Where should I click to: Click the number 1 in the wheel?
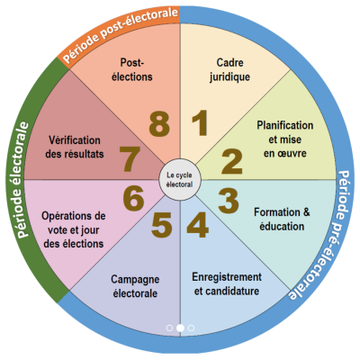tap(200, 123)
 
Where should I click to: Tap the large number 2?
tap(232, 161)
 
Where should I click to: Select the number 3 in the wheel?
tap(229, 201)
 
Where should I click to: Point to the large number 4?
tap(197, 225)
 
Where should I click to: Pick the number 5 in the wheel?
tap(162, 225)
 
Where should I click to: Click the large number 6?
tap(133, 199)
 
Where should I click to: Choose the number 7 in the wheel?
tap(130, 159)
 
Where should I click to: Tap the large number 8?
tap(159, 123)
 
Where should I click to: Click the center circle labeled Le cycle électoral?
tap(180, 179)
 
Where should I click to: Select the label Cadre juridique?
tap(229, 70)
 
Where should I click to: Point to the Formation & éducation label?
tap(282, 220)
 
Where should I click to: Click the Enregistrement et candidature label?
tap(227, 283)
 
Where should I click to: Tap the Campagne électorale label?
tap(135, 286)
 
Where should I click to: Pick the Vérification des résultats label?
tap(75, 147)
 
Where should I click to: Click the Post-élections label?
tap(132, 69)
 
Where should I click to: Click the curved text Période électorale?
tap(22, 179)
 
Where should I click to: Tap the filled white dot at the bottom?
tap(180, 328)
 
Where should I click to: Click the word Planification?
tap(285, 125)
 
